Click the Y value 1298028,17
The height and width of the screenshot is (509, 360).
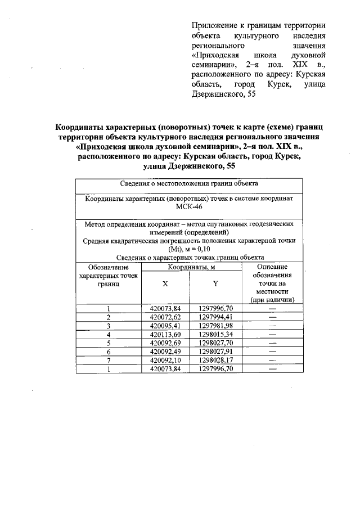(x=215, y=360)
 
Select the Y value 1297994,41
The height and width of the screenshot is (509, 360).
(x=215, y=317)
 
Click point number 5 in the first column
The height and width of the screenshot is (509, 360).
(x=108, y=343)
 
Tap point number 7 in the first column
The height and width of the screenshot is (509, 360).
(x=108, y=360)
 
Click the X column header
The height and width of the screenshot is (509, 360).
(x=165, y=284)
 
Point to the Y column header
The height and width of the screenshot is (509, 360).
(x=215, y=284)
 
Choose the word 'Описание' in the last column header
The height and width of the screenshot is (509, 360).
(x=272, y=267)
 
